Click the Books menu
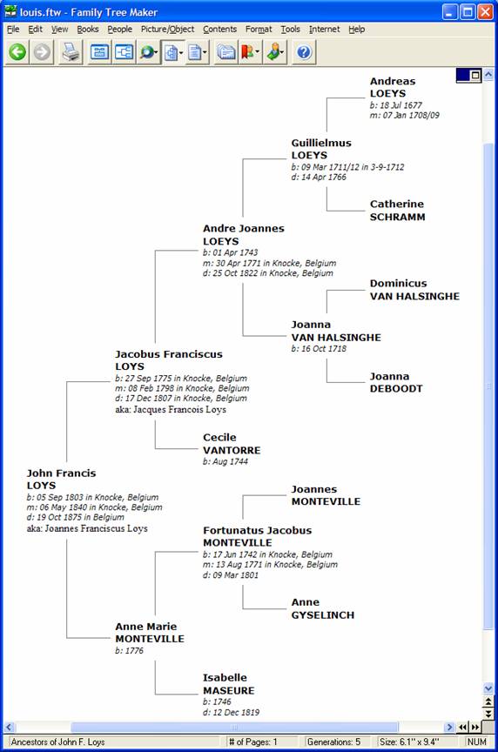pos(88,30)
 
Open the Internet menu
pos(325,30)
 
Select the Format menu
pos(259,30)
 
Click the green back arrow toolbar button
pos(17,52)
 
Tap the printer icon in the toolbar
pos(71,52)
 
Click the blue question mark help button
pos(304,52)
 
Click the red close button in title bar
pos(486,11)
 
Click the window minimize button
pos(450,11)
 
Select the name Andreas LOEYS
pos(393,87)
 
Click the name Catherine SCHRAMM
pos(397,210)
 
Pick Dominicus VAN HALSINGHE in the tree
pos(414,290)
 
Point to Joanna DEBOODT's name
pos(396,382)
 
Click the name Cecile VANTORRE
pos(232,444)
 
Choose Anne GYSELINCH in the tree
pos(322,608)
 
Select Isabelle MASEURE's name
pos(228,684)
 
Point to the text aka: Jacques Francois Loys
pos(171,410)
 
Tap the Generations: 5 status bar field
pos(333,742)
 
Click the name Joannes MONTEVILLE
pos(326,495)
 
